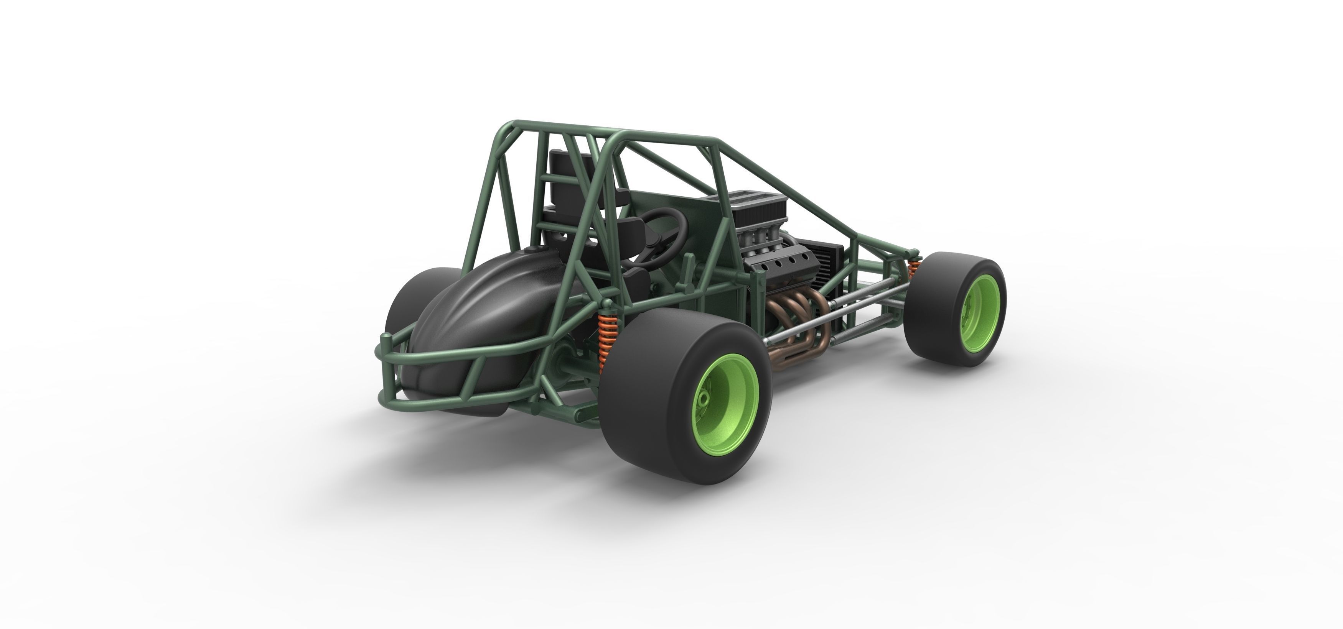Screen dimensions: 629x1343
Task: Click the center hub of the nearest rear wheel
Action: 705,399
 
